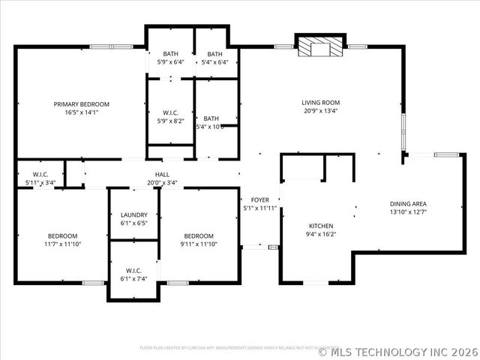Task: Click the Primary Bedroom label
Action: [81, 103]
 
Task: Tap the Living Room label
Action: [321, 103]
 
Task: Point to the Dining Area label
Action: [408, 203]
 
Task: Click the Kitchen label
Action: [321, 226]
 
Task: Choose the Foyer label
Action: [259, 199]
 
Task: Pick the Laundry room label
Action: [133, 214]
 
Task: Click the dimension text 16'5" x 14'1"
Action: [81, 112]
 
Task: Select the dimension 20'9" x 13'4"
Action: [321, 111]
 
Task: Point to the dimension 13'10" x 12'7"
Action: [408, 211]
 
